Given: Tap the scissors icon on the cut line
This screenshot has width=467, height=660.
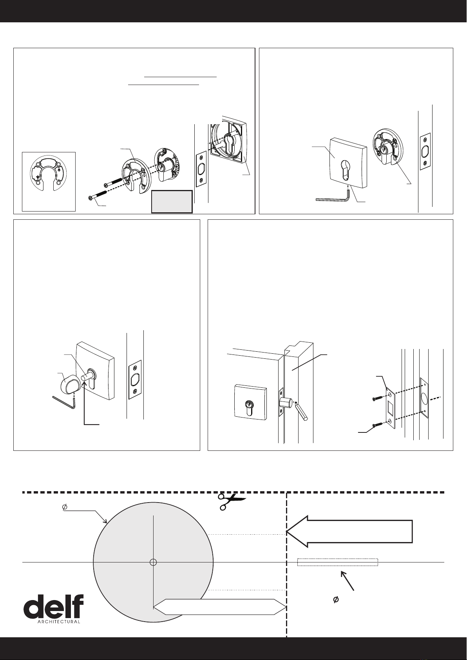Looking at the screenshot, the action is tap(232, 502).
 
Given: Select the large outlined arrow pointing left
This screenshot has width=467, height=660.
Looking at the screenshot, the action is tap(349, 532).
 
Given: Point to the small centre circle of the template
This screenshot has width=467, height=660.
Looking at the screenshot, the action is tap(153, 562).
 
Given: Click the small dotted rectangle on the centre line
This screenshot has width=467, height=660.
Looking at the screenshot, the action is tap(338, 562).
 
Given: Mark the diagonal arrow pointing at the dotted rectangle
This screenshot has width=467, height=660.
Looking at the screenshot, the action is tap(348, 581).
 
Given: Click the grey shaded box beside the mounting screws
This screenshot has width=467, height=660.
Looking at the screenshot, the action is tap(172, 202).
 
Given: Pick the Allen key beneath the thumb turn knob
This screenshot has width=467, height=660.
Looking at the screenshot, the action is tap(64, 403).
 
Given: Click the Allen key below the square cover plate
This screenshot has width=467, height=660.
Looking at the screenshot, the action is tap(333, 197).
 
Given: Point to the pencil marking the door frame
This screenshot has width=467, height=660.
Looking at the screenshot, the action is tap(301, 410).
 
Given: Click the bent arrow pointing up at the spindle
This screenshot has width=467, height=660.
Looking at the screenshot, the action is tap(90, 403).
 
